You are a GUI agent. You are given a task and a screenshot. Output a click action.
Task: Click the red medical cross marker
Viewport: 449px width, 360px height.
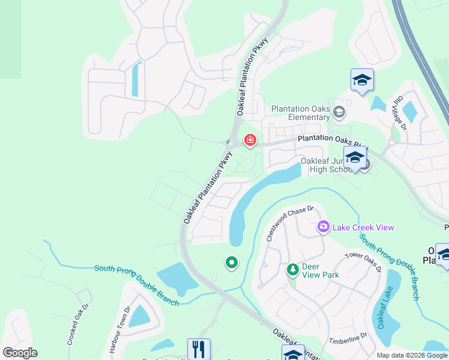click(x=250, y=141)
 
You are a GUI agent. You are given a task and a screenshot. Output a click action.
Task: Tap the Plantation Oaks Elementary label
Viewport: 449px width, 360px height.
click(x=301, y=113)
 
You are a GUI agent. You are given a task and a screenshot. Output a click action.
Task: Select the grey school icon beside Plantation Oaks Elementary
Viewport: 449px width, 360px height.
click(x=339, y=112)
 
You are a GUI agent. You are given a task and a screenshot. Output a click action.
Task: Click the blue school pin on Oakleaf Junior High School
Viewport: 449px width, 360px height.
click(x=355, y=158)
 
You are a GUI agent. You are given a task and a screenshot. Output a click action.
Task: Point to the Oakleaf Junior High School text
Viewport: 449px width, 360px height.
click(x=325, y=165)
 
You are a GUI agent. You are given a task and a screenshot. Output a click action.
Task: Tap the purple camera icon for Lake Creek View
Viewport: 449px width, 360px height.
click(x=323, y=227)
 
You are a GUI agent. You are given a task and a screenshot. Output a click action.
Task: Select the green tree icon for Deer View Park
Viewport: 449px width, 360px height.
click(x=293, y=269)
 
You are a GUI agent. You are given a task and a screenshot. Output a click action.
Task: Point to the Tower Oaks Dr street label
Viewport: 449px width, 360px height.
click(x=363, y=262)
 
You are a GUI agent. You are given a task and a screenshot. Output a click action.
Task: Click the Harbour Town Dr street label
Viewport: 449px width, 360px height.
click(x=119, y=329)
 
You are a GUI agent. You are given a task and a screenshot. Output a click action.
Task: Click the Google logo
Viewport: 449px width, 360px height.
click(x=20, y=353)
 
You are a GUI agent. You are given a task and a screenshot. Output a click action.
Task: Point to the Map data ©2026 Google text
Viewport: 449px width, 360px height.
click(x=412, y=355)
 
